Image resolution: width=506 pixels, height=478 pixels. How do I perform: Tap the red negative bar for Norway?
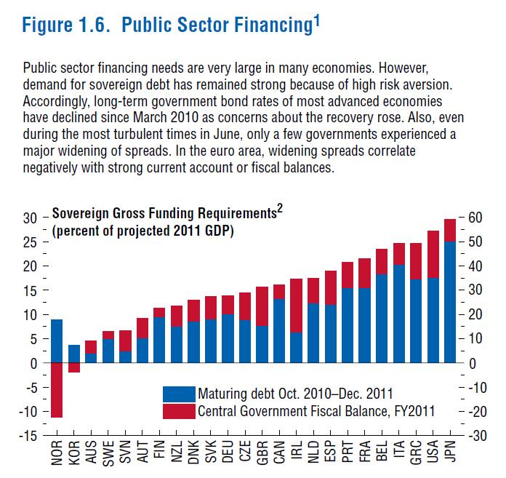(57, 390)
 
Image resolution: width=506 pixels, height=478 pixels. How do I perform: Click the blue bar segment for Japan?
(450, 302)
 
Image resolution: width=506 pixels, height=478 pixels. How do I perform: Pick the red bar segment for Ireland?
(296, 306)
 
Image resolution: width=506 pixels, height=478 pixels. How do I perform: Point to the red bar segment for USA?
(433, 254)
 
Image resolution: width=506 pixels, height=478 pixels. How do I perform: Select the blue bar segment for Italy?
(398, 314)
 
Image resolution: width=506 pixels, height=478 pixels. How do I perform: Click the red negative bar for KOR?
(73, 367)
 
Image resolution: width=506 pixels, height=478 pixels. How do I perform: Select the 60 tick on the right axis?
(476, 218)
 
